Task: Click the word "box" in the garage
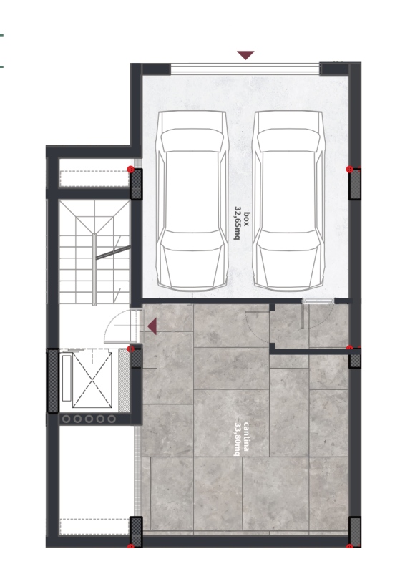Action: tap(247, 218)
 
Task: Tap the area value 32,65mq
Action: tap(238, 223)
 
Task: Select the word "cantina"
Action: tap(246, 437)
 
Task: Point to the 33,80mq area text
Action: tap(237, 439)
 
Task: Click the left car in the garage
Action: tap(192, 200)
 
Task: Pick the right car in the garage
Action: tap(288, 200)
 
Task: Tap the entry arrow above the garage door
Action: tap(245, 55)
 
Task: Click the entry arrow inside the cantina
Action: tap(152, 326)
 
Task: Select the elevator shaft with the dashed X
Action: tap(92, 379)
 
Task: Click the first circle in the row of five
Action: tap(67, 419)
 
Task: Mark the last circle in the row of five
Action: tap(112, 419)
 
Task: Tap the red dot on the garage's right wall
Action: tap(350, 169)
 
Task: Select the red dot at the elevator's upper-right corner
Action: tap(130, 349)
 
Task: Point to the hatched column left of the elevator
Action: tap(53, 380)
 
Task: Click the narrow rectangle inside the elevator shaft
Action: tap(67, 378)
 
